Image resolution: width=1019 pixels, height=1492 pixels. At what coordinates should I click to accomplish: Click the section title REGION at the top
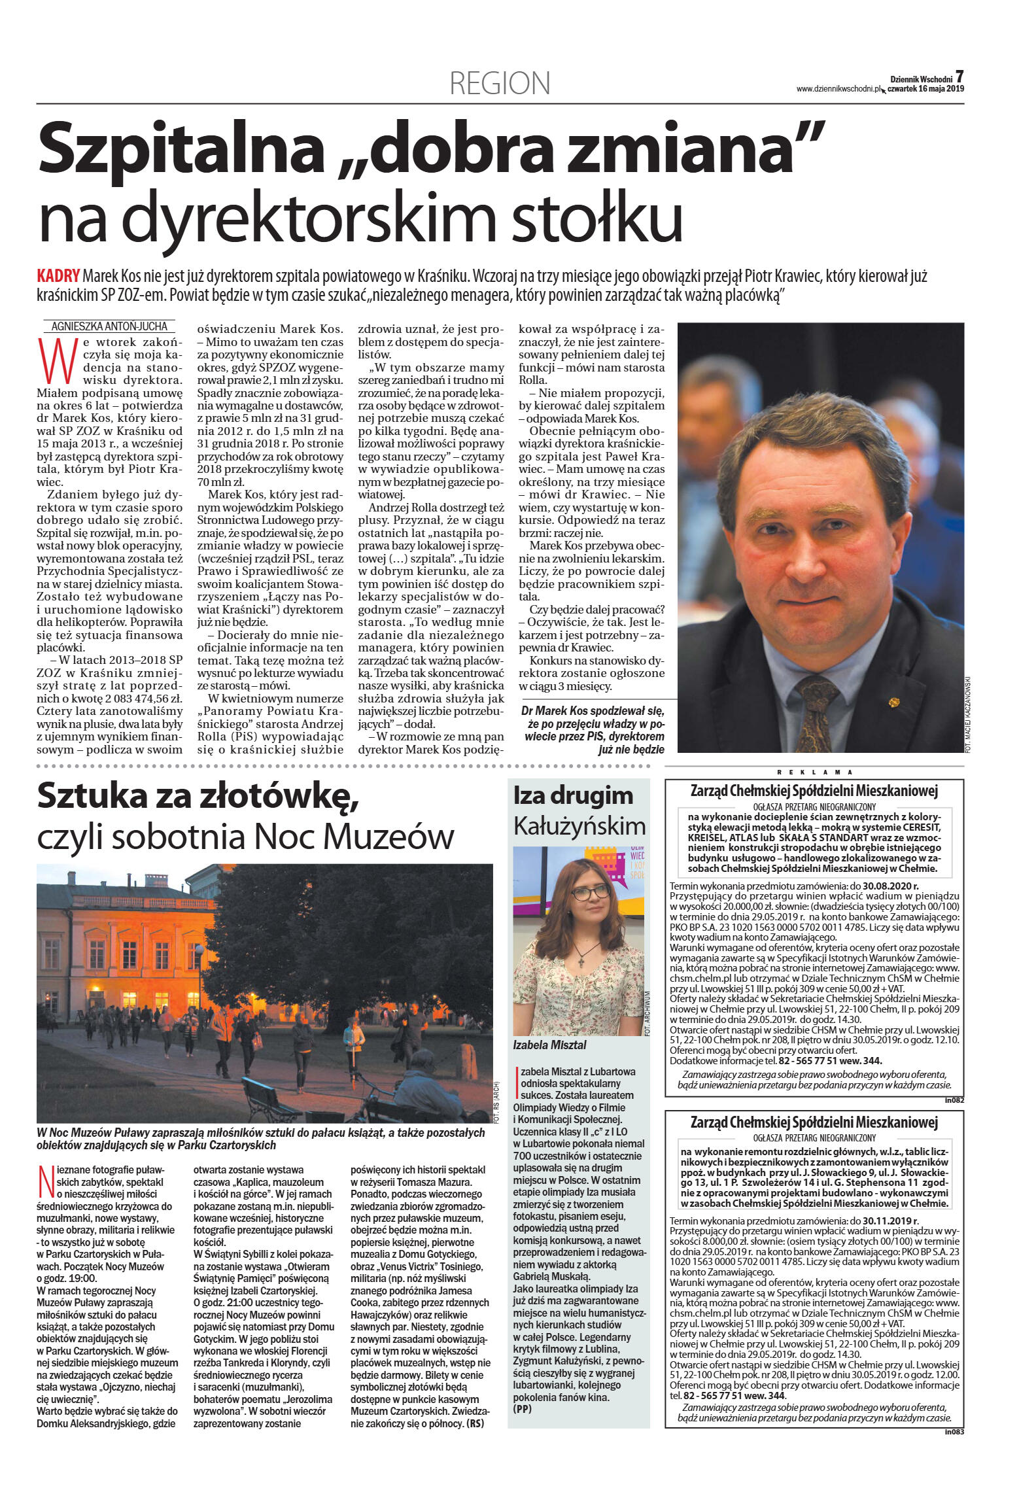(500, 83)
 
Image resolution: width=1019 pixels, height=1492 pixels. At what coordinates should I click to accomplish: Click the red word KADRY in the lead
(58, 275)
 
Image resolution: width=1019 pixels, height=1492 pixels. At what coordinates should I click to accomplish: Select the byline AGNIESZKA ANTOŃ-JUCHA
(109, 326)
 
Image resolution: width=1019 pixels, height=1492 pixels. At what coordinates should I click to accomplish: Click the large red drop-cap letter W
(55, 360)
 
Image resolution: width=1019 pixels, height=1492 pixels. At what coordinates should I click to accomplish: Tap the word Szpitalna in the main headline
(181, 150)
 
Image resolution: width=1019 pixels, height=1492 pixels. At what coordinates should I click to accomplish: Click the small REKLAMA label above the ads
(814, 772)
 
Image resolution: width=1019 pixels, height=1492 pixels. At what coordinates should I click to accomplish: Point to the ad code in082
(954, 1100)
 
